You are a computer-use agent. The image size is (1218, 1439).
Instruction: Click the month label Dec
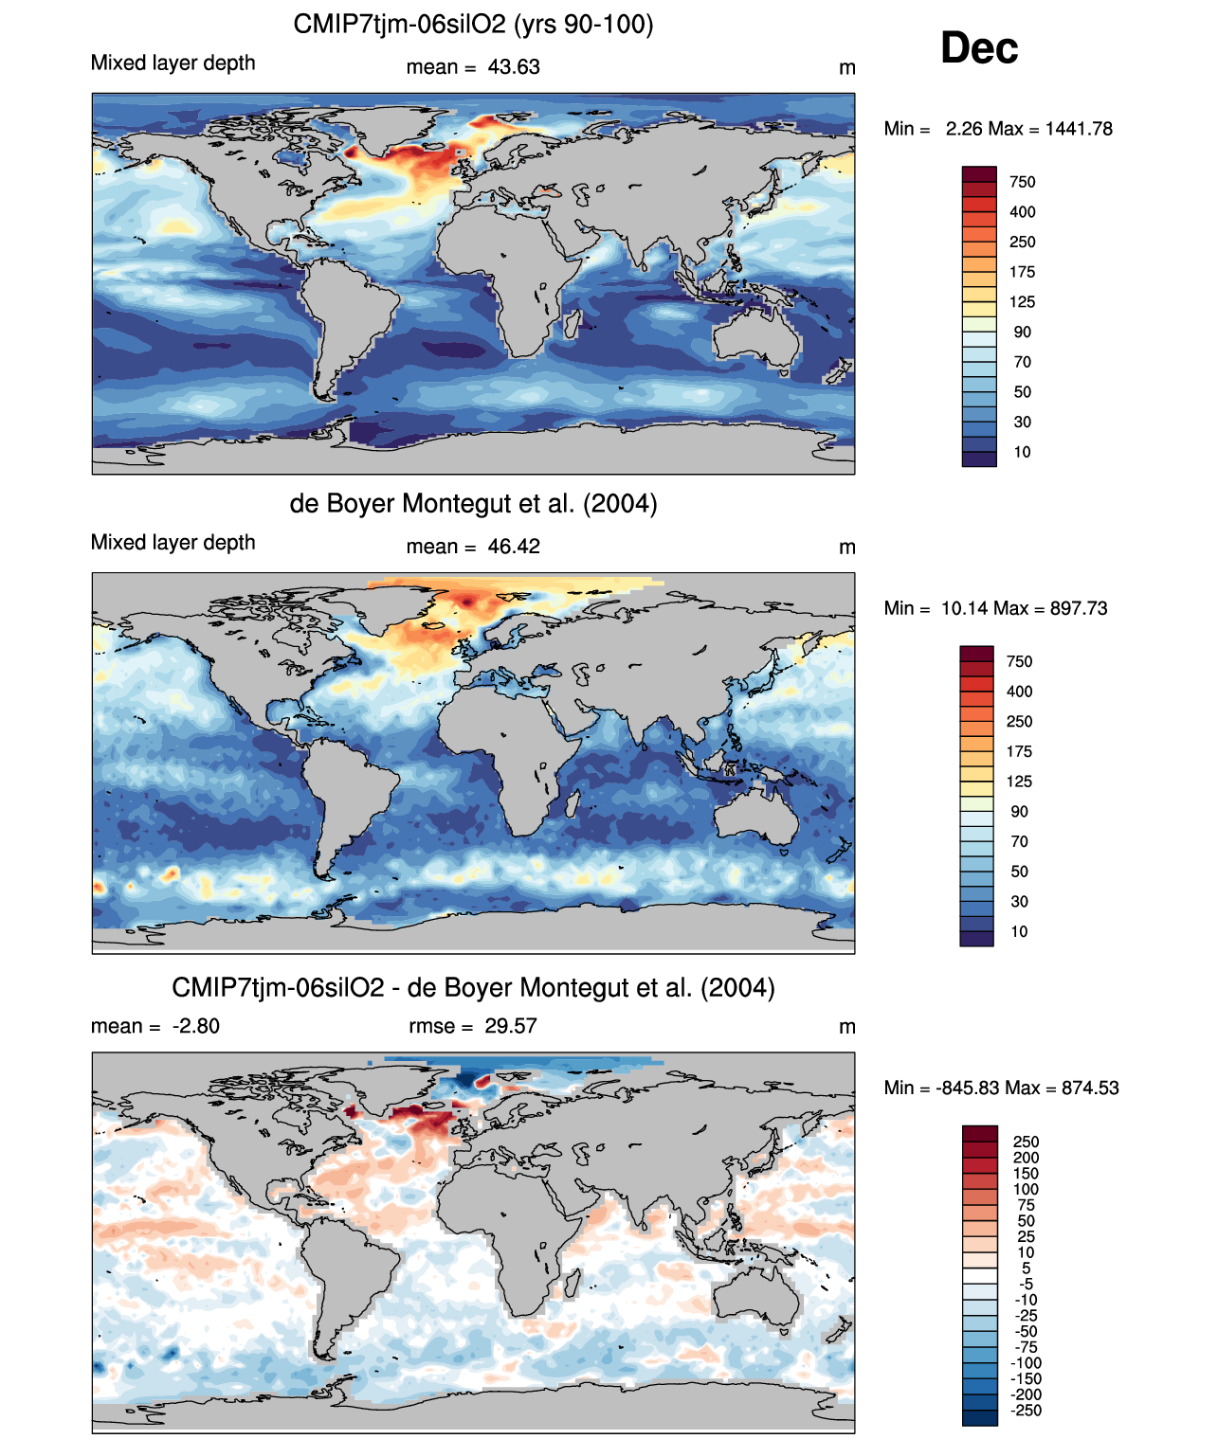[979, 48]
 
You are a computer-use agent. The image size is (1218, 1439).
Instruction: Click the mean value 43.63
[514, 67]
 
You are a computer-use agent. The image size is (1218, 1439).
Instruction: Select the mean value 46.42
[514, 547]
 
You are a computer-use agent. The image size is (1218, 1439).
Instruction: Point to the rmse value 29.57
[511, 1026]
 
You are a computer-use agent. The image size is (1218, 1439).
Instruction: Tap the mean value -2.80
[196, 1026]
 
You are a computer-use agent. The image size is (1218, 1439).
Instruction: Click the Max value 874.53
[1090, 1088]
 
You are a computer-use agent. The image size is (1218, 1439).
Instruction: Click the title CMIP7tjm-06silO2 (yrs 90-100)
[473, 24]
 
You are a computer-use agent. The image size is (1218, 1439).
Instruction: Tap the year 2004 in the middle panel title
[620, 503]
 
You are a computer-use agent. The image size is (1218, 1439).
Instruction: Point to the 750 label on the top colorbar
[1023, 182]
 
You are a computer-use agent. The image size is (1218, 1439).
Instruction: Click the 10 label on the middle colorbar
[1019, 931]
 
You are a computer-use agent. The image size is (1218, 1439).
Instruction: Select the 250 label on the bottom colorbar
[1026, 1142]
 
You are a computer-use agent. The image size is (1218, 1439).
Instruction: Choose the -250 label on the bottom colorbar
[1027, 1410]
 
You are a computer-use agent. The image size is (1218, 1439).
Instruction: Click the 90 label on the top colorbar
[1022, 332]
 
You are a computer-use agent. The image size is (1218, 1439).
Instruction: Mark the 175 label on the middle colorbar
[1019, 751]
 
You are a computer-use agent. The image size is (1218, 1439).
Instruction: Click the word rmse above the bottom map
[427, 1026]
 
